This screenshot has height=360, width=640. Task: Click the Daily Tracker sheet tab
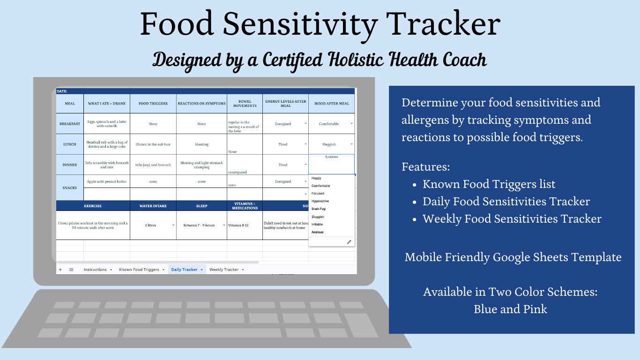coord(184,270)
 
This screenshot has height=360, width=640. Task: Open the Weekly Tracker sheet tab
coord(224,270)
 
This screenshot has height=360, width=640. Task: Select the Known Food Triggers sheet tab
coord(139,270)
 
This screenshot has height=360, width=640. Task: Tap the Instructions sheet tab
coord(95,270)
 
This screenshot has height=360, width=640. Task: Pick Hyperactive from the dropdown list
coord(320,201)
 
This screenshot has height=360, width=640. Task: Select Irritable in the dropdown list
coord(317,225)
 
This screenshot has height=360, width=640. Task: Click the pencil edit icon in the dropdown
coord(349,242)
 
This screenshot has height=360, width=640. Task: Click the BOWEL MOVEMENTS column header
coord(245,104)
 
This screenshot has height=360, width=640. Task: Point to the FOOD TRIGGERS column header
coord(153,104)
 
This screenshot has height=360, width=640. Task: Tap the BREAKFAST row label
coord(70,124)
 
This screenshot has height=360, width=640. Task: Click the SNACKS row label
coord(70,187)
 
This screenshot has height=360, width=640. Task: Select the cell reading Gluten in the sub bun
coord(153,144)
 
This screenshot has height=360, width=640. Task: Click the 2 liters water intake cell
coord(150,225)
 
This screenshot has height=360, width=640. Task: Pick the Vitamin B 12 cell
coord(238,225)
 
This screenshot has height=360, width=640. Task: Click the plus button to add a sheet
coord(60,270)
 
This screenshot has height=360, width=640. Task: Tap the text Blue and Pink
coord(510,309)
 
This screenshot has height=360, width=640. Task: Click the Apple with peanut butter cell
coord(107,181)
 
